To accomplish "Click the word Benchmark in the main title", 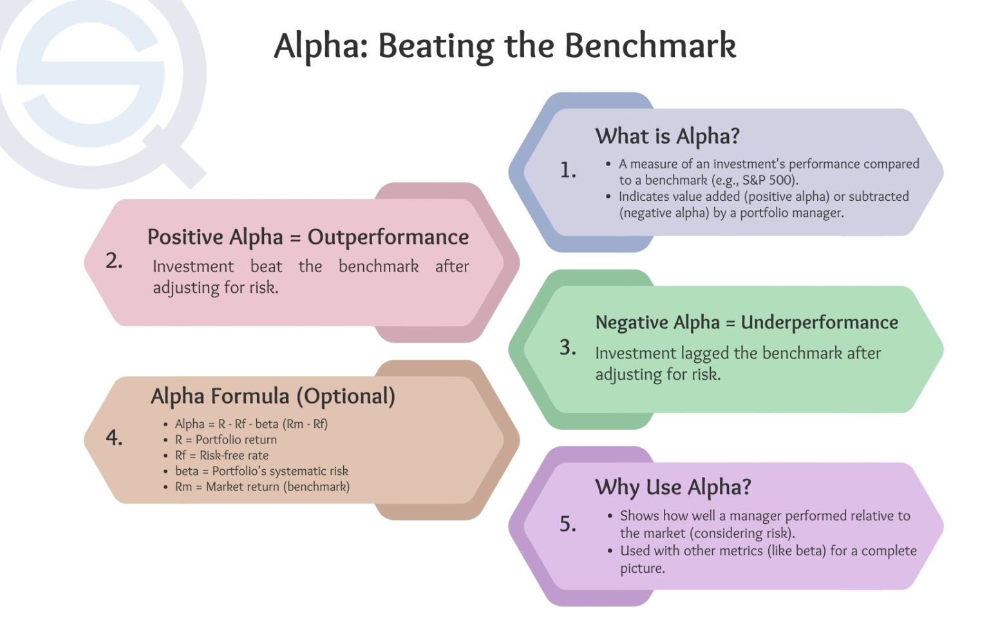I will pyautogui.click(x=650, y=46).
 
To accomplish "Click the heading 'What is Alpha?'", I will pyautogui.click(x=667, y=136).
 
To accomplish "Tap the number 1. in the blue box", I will pyautogui.click(x=567, y=170).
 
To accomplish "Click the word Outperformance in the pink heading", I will pyautogui.click(x=388, y=237).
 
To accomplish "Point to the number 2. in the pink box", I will pyautogui.click(x=114, y=261).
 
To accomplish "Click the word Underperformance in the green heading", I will pyautogui.click(x=819, y=322).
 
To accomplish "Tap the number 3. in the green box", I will pyautogui.click(x=567, y=348).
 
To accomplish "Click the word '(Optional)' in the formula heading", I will pyautogui.click(x=346, y=396).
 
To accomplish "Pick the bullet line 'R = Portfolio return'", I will pyautogui.click(x=225, y=440).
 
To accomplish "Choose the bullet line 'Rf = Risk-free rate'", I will pyautogui.click(x=221, y=456).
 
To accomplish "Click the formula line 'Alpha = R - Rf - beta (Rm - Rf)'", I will pyautogui.click(x=251, y=424).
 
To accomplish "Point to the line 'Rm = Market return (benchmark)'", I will pyautogui.click(x=262, y=487).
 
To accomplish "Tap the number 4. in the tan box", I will pyautogui.click(x=114, y=438).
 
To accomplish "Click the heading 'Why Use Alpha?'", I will pyautogui.click(x=673, y=487).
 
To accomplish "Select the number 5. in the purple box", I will pyautogui.click(x=567, y=524).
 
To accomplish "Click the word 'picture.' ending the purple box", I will pyautogui.click(x=642, y=569).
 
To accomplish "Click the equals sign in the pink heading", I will pyautogui.click(x=295, y=237).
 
